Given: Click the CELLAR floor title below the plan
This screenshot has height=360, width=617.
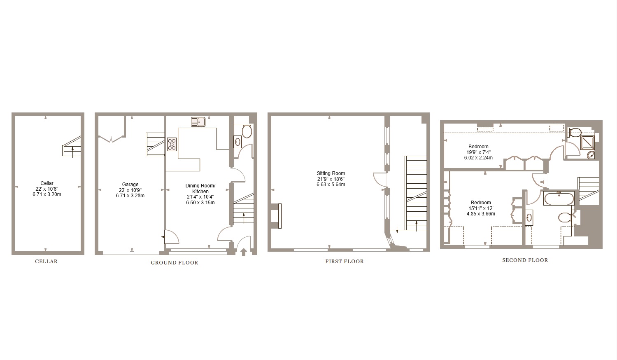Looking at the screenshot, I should (x=46, y=262).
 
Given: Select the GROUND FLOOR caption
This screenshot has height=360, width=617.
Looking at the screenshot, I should (x=174, y=263).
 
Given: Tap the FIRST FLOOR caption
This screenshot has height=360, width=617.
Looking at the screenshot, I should (x=345, y=262).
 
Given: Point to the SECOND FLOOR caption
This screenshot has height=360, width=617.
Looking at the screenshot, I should (x=525, y=260).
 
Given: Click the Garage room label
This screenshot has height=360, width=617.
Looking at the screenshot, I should (x=130, y=185).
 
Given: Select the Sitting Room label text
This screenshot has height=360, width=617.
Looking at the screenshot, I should (x=331, y=173).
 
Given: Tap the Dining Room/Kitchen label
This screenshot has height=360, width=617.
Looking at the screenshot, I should (x=200, y=189).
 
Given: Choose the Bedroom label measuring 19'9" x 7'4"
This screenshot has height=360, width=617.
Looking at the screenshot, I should (x=478, y=147).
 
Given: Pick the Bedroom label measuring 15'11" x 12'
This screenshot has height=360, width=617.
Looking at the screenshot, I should (x=481, y=203).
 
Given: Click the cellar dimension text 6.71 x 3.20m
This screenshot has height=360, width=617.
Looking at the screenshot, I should (x=47, y=194).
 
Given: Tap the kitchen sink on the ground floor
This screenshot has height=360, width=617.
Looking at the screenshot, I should (x=198, y=122).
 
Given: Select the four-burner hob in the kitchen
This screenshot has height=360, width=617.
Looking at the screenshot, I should (x=172, y=144).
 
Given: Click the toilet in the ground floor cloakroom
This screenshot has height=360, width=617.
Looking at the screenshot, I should (x=247, y=132).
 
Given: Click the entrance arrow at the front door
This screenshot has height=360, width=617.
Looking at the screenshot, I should (x=243, y=251).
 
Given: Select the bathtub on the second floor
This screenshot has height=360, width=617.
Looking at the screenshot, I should (x=559, y=198).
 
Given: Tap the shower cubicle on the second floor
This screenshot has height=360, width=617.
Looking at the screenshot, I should (x=587, y=143).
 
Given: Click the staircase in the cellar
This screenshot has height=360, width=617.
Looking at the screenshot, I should (x=72, y=146).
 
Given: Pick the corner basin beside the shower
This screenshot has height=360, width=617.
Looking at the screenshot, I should (x=591, y=155).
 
